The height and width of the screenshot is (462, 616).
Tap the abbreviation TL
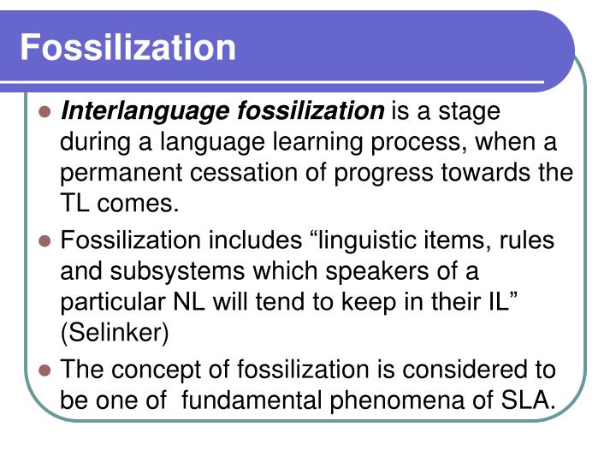point(75,204)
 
